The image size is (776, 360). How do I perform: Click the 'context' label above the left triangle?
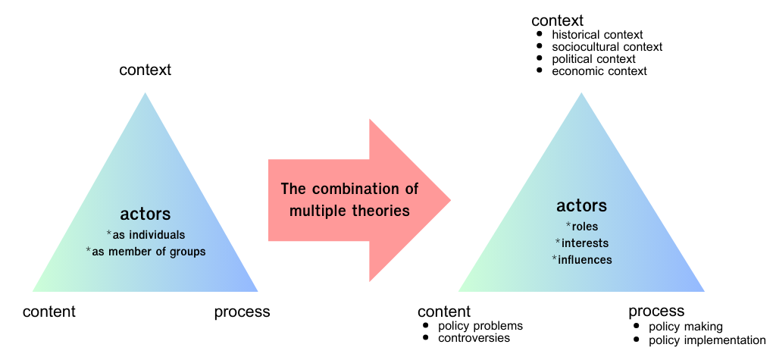(145, 70)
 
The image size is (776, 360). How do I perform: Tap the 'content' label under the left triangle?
(49, 312)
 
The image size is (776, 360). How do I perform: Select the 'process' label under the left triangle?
(242, 312)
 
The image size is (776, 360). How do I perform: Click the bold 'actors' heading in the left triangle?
(145, 214)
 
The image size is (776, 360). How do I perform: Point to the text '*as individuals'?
(145, 235)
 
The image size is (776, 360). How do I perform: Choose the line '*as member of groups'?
(145, 252)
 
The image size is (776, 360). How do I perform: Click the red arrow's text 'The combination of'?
(349, 189)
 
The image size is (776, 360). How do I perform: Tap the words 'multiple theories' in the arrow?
(349, 211)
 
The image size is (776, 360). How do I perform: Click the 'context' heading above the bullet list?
(558, 20)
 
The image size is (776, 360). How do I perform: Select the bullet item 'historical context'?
(597, 35)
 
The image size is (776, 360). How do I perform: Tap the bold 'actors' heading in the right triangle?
(581, 205)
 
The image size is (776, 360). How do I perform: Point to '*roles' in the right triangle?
(581, 227)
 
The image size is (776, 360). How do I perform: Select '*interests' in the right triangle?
(581, 243)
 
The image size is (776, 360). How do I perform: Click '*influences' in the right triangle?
(581, 259)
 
